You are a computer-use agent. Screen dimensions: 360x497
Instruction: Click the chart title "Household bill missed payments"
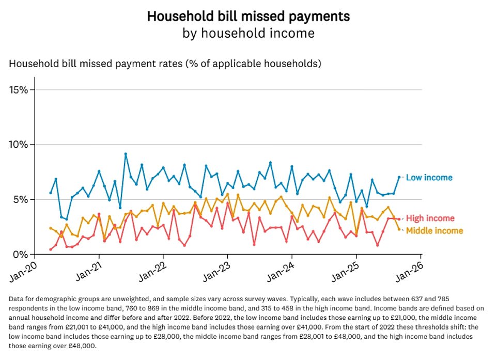coord(248,16)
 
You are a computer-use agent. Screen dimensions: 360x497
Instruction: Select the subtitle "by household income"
coord(248,34)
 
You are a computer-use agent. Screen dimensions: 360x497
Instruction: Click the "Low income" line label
coord(429,178)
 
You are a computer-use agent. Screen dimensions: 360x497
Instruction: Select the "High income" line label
coord(430,218)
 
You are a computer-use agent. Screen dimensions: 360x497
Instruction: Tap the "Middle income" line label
coord(434,231)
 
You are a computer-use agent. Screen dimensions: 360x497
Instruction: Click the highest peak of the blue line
coord(126,154)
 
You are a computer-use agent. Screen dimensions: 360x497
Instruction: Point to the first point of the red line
coord(51,249)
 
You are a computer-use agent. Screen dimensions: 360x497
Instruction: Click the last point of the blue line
coord(399,177)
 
